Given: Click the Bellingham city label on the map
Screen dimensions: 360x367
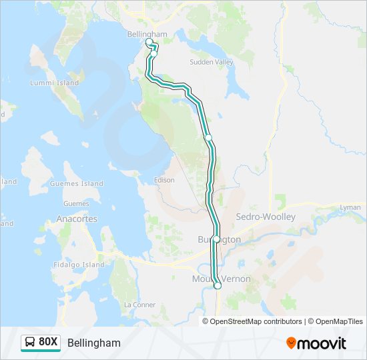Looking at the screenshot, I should coord(147,34).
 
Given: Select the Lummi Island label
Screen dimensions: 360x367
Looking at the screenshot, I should coord(54,83).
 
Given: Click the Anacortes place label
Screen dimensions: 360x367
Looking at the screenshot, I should coord(77,219).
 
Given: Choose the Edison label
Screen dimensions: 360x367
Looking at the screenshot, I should coord(163,180).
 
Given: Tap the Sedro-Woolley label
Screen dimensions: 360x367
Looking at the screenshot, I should coord(266,217).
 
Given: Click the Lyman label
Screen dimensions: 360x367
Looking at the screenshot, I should coord(350,208).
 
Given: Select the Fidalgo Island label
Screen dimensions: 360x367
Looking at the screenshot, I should coord(79,265).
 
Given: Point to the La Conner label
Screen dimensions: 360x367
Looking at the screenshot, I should coord(139,304).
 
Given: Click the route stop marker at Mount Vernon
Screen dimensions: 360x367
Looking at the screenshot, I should coord(218,286).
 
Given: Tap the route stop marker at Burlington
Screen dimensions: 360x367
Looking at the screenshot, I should coord(216,239).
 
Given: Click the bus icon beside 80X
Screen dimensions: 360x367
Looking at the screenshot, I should coord(30,343).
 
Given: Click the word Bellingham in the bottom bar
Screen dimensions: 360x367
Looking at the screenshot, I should coord(94,343).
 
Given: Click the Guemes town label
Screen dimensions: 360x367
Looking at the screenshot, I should coord(76,203).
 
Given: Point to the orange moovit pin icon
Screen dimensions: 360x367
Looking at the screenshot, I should coord(291,343).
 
